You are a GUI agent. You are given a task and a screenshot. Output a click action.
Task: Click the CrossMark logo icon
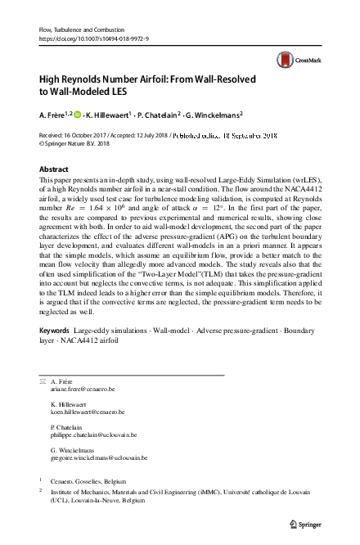(286, 58)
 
